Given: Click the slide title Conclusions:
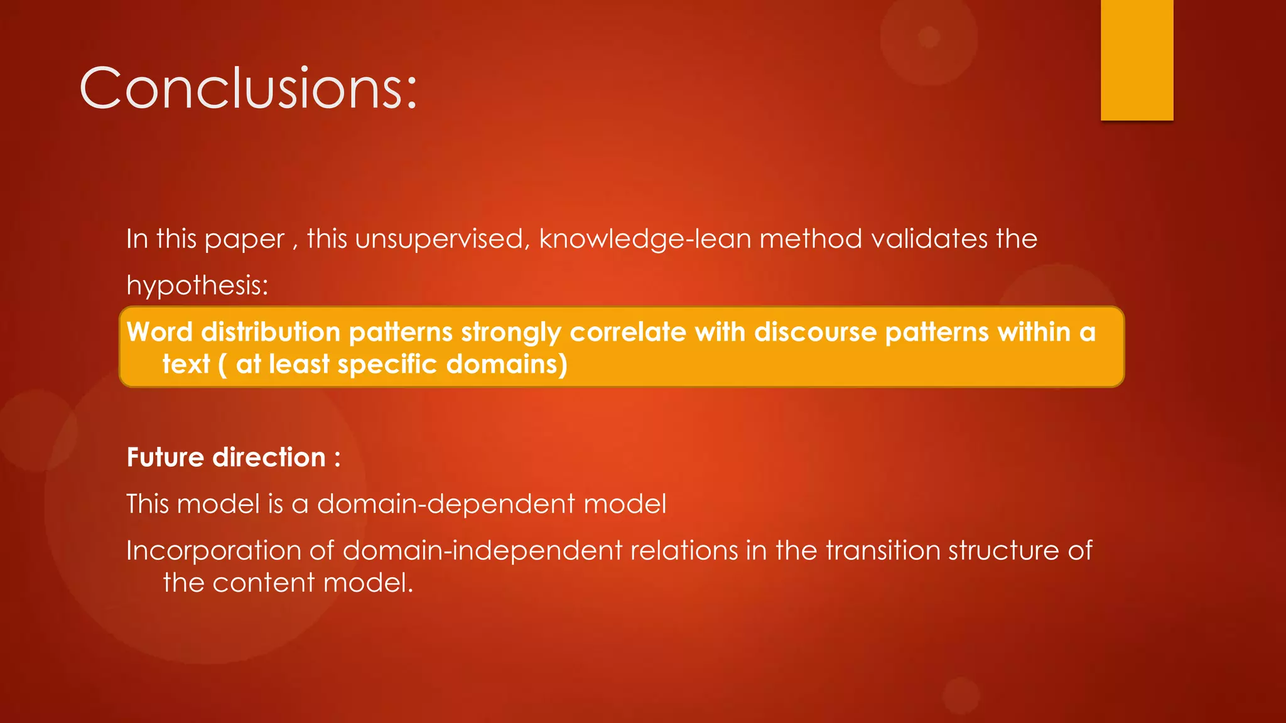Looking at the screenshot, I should [248, 88].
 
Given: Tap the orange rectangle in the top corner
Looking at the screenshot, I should [1137, 60].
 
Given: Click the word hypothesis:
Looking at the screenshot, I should [197, 286].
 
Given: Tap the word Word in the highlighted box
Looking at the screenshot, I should [159, 332].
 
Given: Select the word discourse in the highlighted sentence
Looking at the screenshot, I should [815, 332].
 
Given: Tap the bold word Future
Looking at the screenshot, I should [165, 458].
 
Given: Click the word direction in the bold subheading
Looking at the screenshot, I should [269, 458].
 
